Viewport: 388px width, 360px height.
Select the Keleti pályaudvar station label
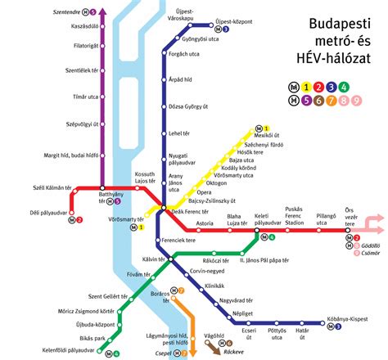(266, 218)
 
